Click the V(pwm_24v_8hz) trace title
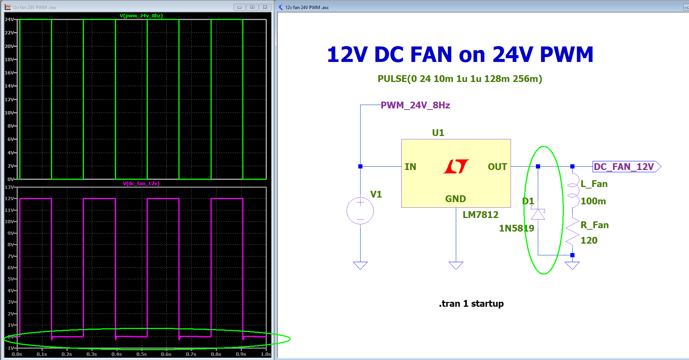141,16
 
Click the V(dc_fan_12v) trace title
141,184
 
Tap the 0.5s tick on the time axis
141,354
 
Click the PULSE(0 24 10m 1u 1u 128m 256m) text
460,79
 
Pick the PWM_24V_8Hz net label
415,105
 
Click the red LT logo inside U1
456,166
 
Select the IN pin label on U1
410,167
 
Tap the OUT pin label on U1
497,167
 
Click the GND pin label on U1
455,199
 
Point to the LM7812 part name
480,215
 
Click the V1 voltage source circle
360,211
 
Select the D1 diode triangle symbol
538,215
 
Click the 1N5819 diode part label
516,229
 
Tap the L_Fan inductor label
594,184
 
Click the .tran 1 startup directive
471,304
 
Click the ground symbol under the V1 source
360,265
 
